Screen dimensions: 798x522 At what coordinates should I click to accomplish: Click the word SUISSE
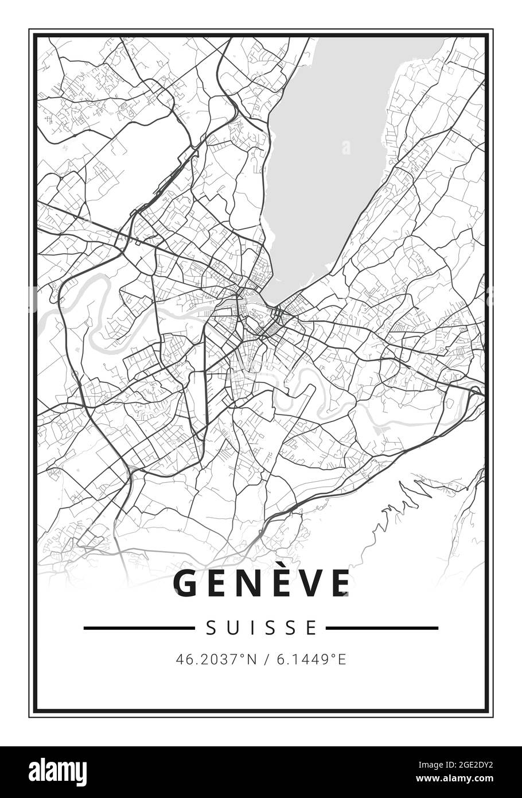261,628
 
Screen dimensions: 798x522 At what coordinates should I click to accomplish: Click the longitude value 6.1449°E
311,660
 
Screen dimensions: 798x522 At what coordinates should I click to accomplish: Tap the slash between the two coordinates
267,660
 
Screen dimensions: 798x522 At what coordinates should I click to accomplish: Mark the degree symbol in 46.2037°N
241,657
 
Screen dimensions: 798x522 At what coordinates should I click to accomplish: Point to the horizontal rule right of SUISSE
382,628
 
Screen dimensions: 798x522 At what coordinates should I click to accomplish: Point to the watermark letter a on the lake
346,148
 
